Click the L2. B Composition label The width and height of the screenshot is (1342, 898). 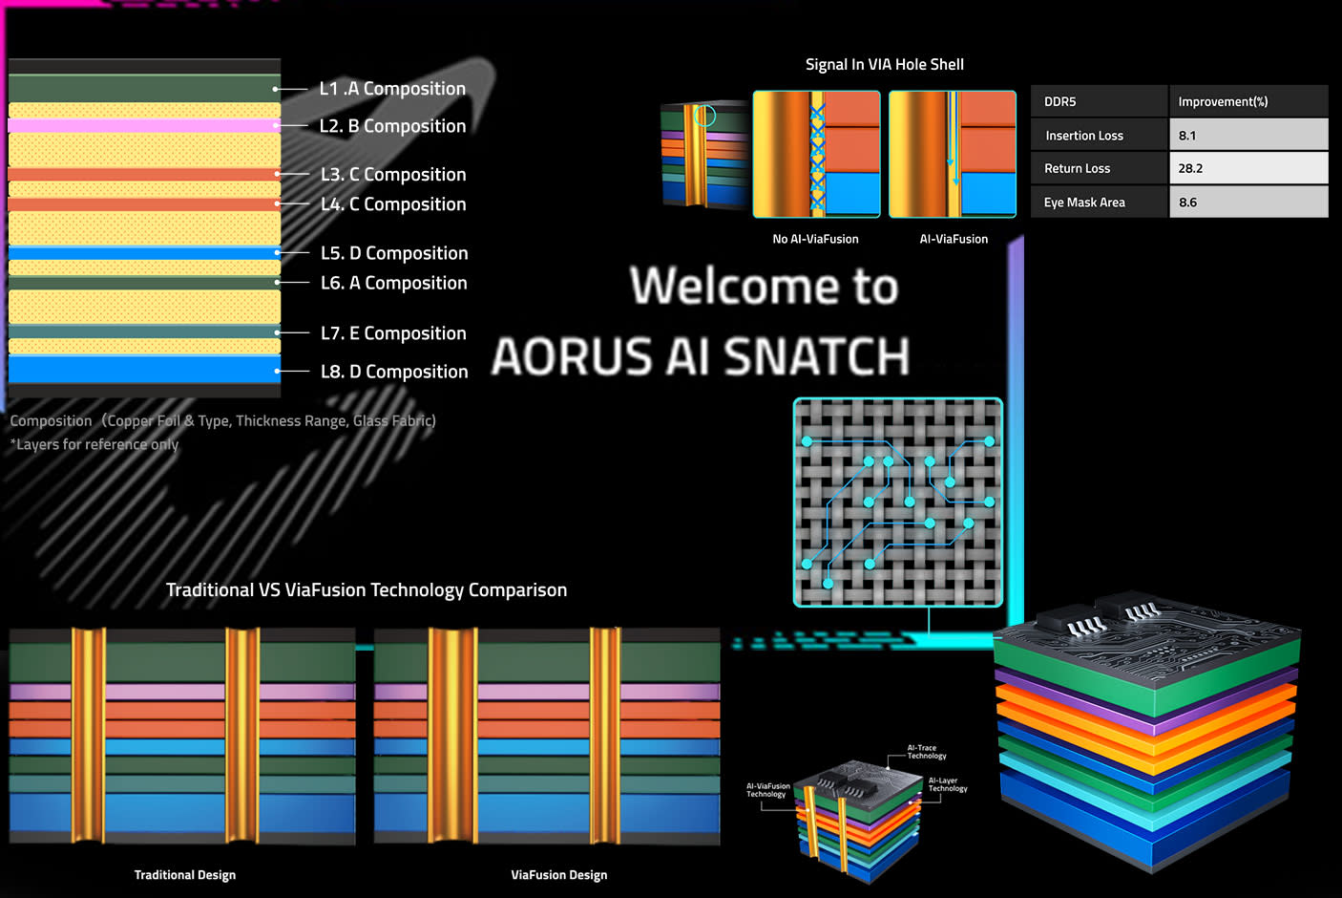(392, 126)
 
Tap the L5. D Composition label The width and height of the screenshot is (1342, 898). (394, 253)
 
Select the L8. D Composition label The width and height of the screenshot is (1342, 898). (394, 372)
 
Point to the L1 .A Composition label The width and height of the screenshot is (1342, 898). (392, 89)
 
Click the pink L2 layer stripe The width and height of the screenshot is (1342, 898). (143, 125)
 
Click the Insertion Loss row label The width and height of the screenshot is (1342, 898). (1084, 136)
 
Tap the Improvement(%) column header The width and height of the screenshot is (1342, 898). (1223, 101)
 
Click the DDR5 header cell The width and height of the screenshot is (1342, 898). (1059, 101)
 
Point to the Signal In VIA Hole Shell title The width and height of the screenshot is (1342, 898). (884, 64)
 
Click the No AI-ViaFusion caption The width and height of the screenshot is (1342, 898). (815, 239)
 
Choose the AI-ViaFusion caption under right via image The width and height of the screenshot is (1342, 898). (954, 239)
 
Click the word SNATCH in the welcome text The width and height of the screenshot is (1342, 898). (816, 356)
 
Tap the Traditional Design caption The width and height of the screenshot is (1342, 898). (185, 875)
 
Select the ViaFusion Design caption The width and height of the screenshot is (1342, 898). (558, 875)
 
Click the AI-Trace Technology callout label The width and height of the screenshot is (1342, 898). (926, 752)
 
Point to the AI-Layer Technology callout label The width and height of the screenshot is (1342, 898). (947, 784)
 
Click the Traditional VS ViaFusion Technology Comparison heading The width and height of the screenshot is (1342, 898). (367, 589)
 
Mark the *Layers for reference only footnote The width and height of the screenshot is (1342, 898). (94, 444)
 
